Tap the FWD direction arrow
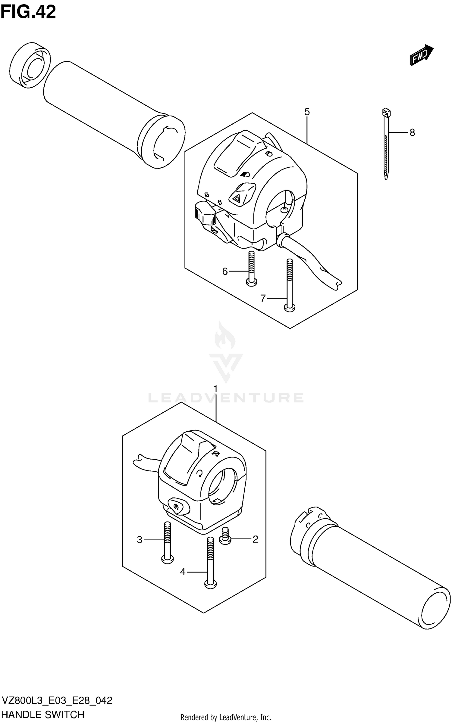pyautogui.click(x=421, y=54)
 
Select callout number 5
pyautogui.click(x=307, y=112)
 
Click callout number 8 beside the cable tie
pyautogui.click(x=412, y=132)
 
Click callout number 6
pyautogui.click(x=225, y=272)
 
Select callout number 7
pyautogui.click(x=263, y=298)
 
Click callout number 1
pyautogui.click(x=215, y=389)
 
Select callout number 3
pyautogui.click(x=140, y=540)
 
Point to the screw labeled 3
pyautogui.click(x=168, y=542)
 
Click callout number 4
pyautogui.click(x=183, y=572)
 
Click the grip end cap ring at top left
pyautogui.click(x=30, y=66)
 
